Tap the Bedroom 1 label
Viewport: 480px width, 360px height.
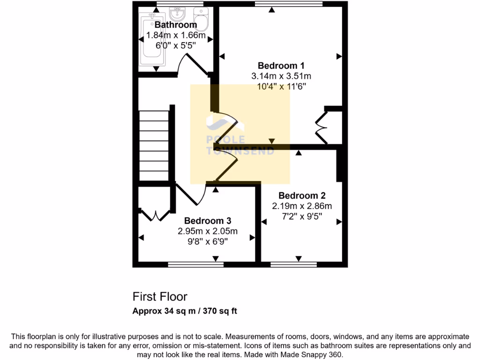[281, 66]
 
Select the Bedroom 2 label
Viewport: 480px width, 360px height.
[302, 195]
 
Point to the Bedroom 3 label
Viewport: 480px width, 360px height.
[207, 221]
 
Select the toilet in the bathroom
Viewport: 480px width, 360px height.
[201, 19]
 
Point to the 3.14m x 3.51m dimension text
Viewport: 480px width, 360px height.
[281, 76]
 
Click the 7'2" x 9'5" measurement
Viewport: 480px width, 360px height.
[302, 216]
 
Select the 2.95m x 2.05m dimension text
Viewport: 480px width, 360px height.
[207, 231]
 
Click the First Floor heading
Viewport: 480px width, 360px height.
[160, 297]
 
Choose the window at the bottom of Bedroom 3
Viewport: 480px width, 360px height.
[195, 264]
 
